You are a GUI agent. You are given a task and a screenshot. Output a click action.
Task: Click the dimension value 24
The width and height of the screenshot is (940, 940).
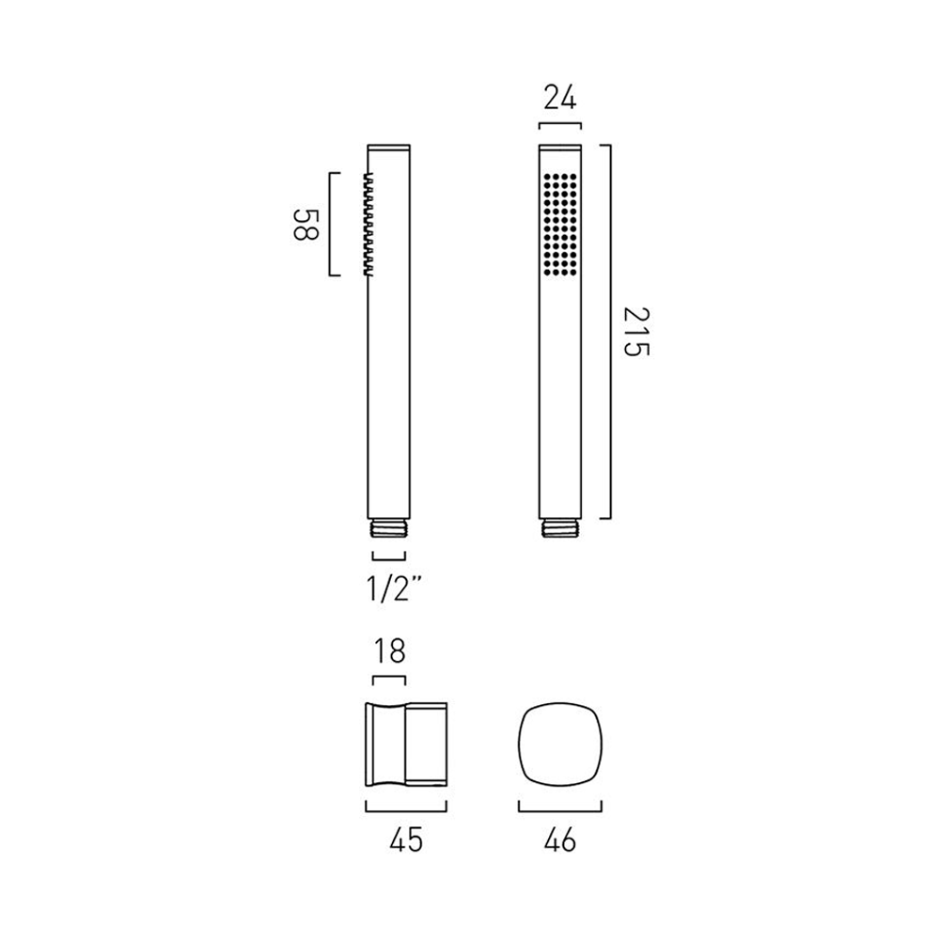pyautogui.click(x=560, y=98)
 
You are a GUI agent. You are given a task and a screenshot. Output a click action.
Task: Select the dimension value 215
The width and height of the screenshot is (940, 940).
pyautogui.click(x=635, y=332)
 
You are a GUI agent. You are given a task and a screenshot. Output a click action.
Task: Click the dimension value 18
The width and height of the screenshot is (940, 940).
pyautogui.click(x=389, y=650)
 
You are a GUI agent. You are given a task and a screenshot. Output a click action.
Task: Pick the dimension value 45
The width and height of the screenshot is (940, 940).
pyautogui.click(x=405, y=840)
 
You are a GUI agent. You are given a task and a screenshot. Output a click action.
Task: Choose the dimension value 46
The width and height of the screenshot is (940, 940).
pyautogui.click(x=560, y=840)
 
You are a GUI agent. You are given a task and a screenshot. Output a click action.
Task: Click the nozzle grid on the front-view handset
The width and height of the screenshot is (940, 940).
pyautogui.click(x=559, y=224)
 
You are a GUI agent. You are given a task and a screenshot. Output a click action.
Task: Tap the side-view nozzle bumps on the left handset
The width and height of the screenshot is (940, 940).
pyautogui.click(x=367, y=224)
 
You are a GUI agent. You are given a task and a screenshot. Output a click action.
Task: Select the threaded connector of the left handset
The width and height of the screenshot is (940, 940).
pyautogui.click(x=389, y=528)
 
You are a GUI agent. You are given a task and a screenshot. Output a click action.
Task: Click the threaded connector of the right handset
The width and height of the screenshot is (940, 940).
pyautogui.click(x=560, y=528)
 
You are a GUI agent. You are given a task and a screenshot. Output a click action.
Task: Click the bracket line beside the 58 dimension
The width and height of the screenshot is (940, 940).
pyautogui.click(x=330, y=225)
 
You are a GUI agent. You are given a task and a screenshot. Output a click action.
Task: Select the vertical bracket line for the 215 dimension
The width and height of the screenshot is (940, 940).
pyautogui.click(x=611, y=332)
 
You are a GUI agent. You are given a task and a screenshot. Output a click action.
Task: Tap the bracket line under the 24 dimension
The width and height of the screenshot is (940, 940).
pyautogui.click(x=560, y=123)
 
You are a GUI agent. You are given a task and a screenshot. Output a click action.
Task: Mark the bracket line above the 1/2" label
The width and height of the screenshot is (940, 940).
pyautogui.click(x=389, y=555)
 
